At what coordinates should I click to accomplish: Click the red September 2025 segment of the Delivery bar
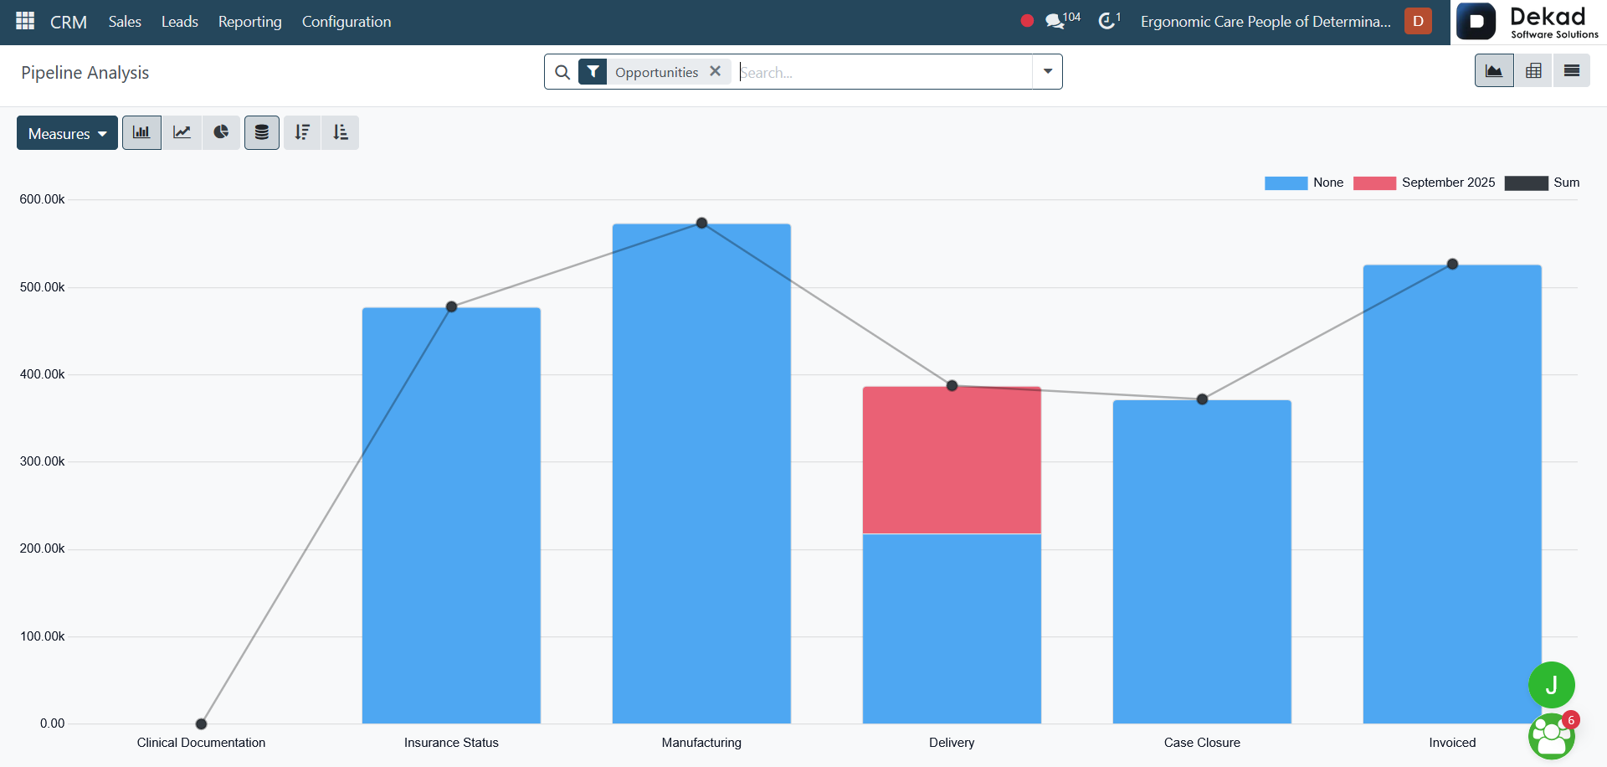pos(952,460)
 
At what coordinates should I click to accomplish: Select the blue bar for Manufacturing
pos(701,473)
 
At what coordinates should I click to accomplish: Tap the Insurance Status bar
pos(451,515)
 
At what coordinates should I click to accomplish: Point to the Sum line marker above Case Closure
pos(1202,399)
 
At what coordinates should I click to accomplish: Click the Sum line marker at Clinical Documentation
pos(201,723)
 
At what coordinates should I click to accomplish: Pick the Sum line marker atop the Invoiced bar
pos(1452,264)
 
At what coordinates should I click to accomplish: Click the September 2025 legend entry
pos(1424,183)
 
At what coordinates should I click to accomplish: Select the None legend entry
pos(1304,183)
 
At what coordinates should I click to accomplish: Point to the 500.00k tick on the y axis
pos(42,287)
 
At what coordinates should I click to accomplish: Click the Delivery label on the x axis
pos(952,743)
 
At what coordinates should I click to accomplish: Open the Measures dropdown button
pos(67,133)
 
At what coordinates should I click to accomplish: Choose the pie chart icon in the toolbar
pos(221,132)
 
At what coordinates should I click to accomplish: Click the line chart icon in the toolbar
pos(182,132)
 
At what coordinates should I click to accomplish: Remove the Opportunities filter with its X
pos(716,71)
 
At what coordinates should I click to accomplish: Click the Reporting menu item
pos(249,22)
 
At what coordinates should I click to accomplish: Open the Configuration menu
pos(347,22)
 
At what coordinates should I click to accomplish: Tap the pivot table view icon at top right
pos(1533,71)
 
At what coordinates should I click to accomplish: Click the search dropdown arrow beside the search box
pos(1048,72)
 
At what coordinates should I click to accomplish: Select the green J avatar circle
pos(1552,685)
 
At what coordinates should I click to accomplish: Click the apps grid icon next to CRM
pos(25,21)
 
